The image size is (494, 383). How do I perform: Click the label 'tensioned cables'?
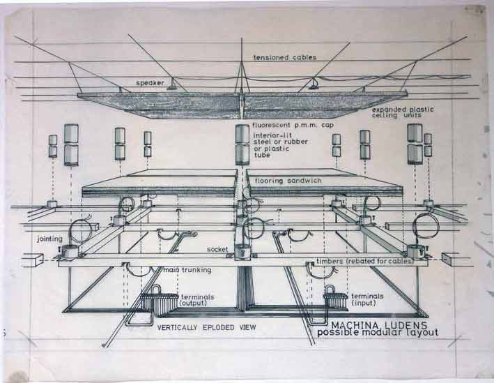285,57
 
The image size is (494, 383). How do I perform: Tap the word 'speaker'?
150,83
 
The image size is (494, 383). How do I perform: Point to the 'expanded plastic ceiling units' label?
403,112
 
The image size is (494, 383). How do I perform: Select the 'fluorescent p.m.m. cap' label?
293,126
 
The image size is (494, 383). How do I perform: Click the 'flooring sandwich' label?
288,181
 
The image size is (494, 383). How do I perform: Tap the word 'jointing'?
49,239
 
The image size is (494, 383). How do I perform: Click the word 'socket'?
217,249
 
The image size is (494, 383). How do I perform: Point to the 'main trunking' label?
187,270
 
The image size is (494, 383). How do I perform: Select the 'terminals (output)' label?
198,300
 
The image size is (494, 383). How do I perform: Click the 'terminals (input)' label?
367,299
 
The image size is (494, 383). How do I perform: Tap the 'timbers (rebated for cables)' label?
365,261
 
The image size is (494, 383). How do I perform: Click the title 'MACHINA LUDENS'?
379,325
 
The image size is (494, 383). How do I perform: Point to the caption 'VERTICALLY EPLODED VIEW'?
207,327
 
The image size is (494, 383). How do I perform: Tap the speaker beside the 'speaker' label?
172,85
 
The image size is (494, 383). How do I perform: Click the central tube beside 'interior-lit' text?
242,145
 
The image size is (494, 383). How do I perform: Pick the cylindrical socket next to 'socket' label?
242,253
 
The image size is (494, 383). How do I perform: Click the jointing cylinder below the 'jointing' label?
69,251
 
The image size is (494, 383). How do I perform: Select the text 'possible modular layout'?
378,333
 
